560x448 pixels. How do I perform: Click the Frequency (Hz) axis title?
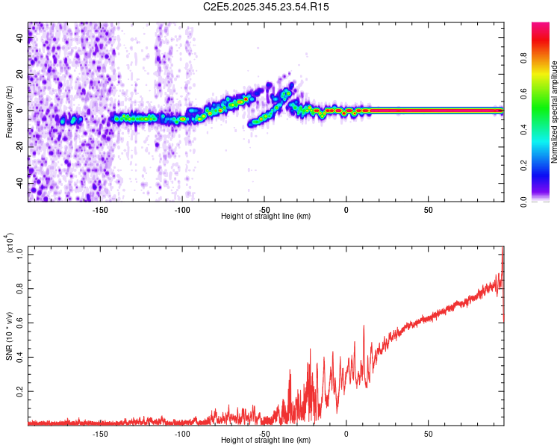9,111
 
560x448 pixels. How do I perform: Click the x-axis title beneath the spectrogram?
266,217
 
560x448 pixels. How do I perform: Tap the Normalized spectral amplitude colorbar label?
555,112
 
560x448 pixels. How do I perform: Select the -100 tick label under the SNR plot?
182,433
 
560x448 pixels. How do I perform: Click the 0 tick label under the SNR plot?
346,433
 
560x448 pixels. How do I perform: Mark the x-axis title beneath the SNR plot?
266,441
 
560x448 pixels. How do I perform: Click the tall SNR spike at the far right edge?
503,258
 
